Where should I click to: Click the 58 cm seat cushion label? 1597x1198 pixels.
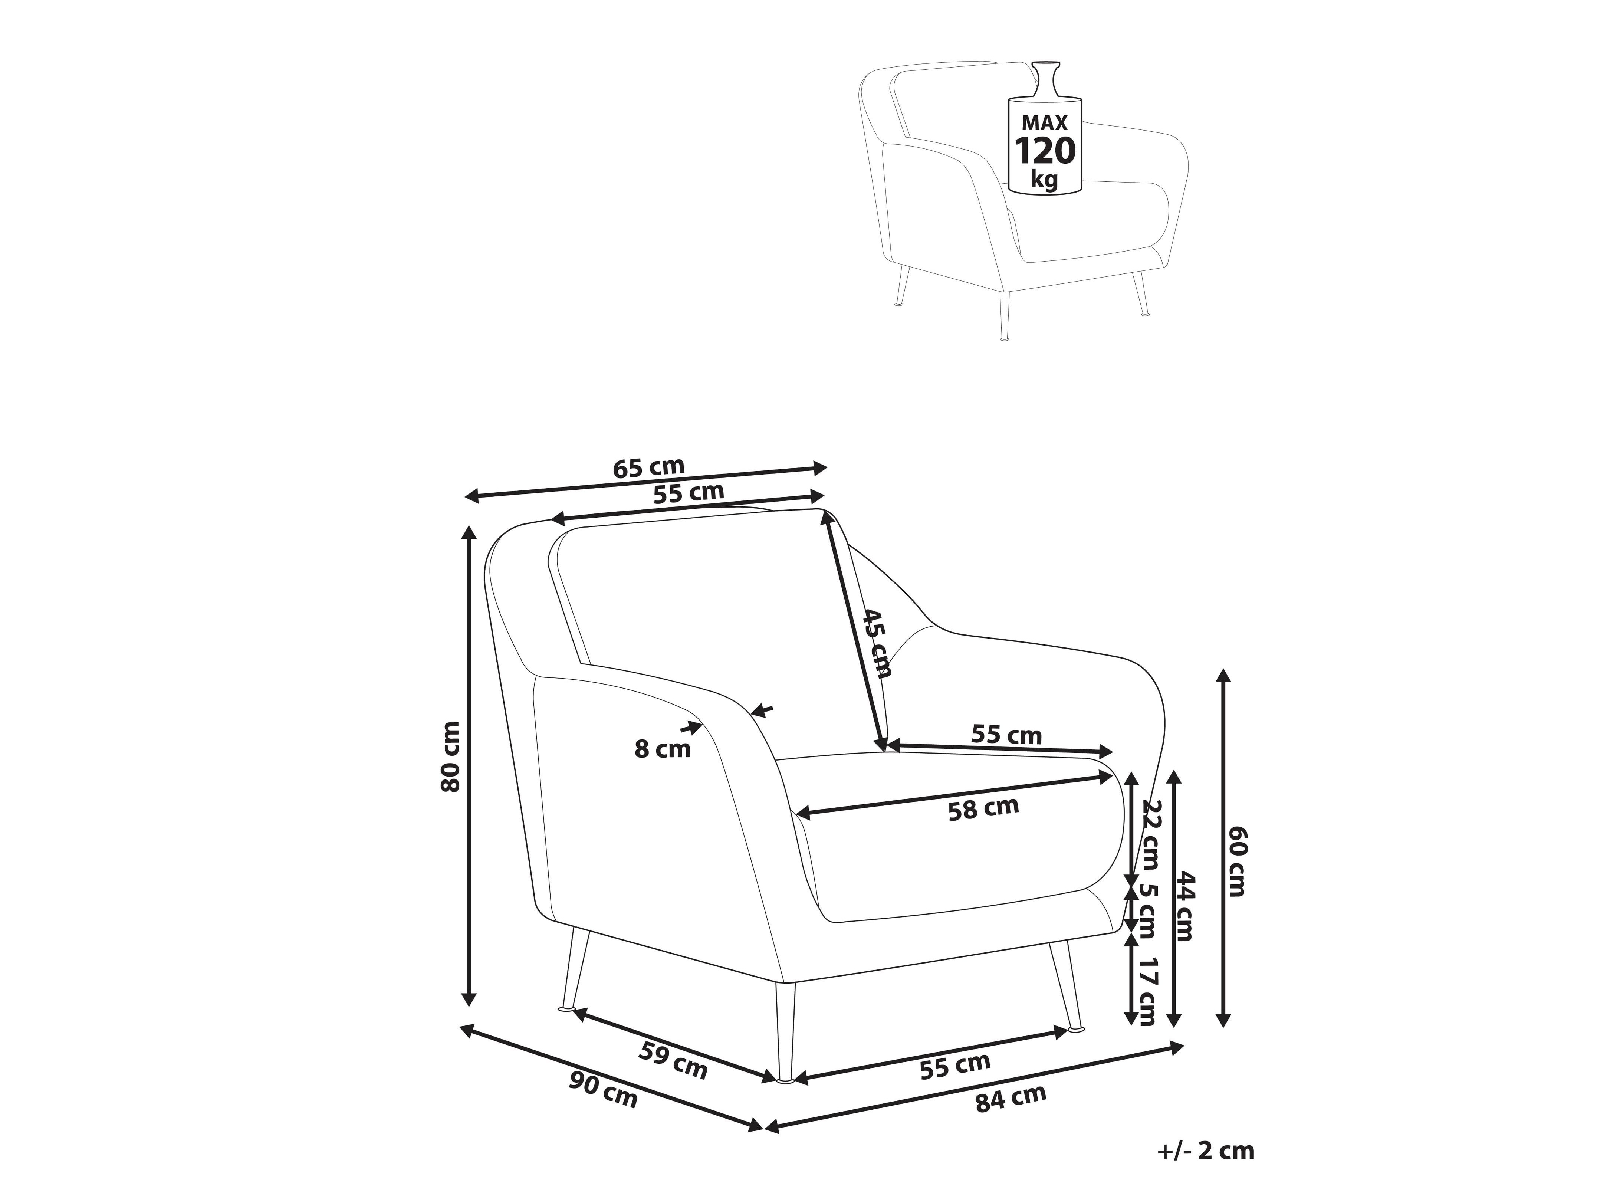click(x=983, y=808)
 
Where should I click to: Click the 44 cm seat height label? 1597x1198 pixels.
click(x=1185, y=906)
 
